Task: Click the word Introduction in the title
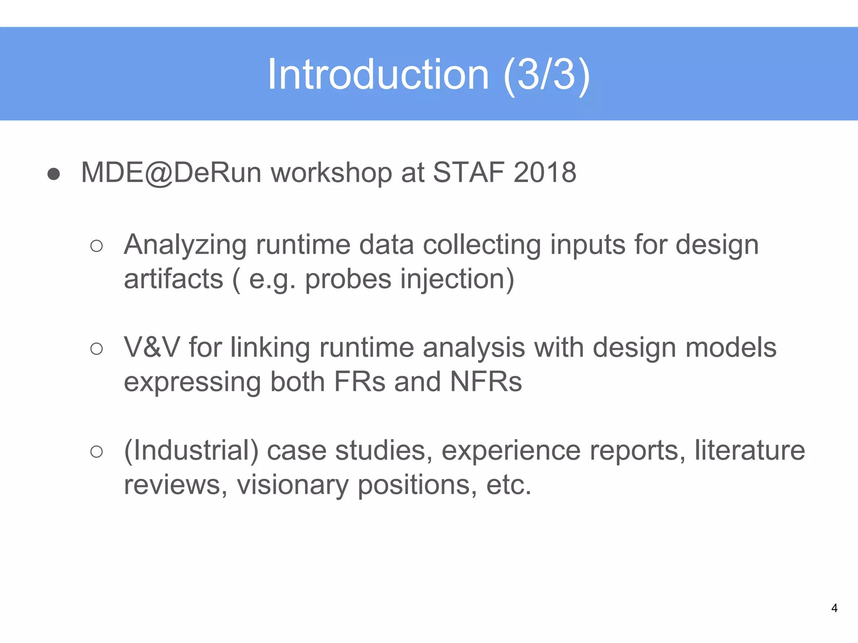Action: pos(378,75)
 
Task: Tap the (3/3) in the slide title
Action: pos(547,75)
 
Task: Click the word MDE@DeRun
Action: pos(171,172)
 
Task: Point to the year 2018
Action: pos(545,172)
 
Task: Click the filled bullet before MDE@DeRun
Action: pos(54,174)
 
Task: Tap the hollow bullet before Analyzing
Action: pos(96,246)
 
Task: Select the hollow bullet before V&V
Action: pos(96,349)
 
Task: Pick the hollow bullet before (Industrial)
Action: pos(96,452)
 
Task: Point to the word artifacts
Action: pos(173,279)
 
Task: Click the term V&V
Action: pos(152,347)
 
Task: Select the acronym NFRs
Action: pos(486,382)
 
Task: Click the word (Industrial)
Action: pos(191,451)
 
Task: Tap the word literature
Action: pos(749,451)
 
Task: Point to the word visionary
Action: pos(292,485)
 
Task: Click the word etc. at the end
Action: pos(508,485)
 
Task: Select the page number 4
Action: pos(834,608)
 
